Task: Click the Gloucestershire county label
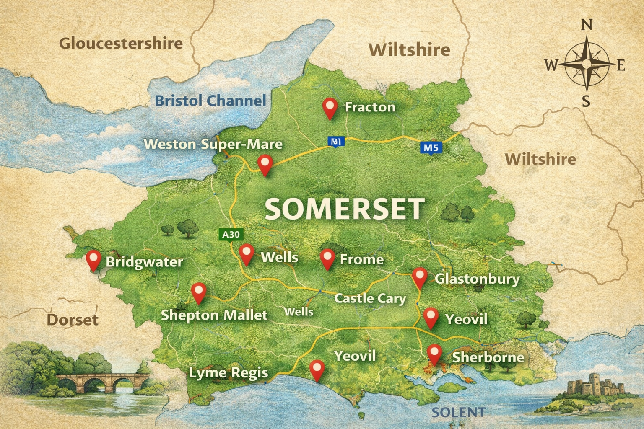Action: coord(121,43)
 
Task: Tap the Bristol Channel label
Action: coord(210,101)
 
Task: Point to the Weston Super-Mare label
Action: coord(213,144)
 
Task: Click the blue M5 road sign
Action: coord(431,147)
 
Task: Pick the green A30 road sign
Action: coord(231,235)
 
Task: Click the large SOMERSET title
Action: coord(345,209)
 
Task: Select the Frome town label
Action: coord(361,259)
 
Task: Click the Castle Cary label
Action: coord(370,298)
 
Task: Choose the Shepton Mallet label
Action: coord(214,315)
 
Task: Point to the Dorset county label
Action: coord(72,320)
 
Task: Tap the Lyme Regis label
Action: coord(228,373)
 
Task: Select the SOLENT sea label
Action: coord(458,412)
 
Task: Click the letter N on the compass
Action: coord(587,26)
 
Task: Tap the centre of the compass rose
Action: coord(587,64)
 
